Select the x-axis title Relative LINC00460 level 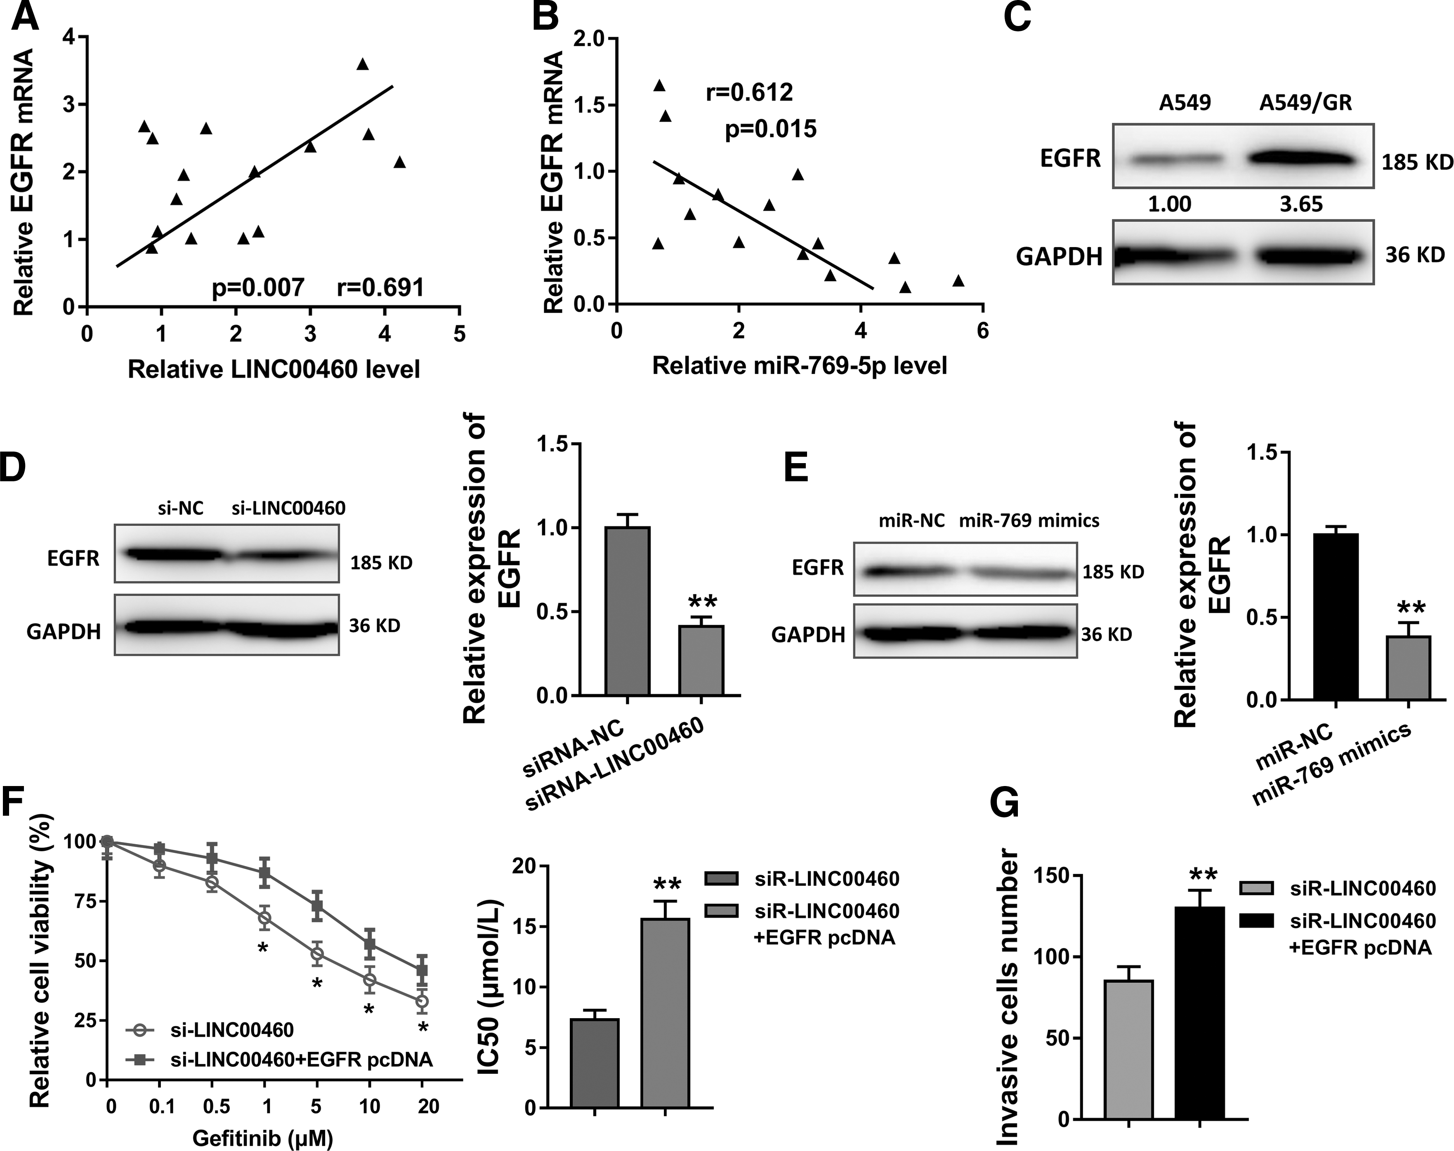click(x=274, y=369)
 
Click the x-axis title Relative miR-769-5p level click(x=800, y=365)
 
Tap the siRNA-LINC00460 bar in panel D click(x=701, y=660)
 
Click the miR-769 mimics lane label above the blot click(x=1029, y=520)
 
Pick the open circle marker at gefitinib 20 click(x=422, y=1001)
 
